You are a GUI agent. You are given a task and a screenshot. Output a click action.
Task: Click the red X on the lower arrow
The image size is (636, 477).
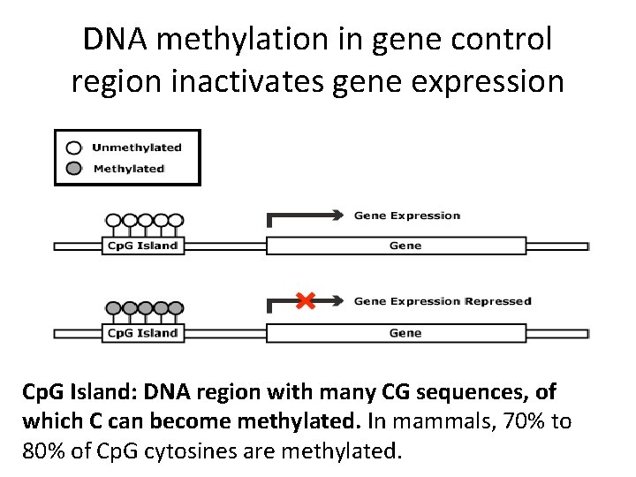[x=306, y=301]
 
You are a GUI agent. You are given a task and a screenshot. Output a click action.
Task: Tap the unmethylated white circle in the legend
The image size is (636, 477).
[x=75, y=148]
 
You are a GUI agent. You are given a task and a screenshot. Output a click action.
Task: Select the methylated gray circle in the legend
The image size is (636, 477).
[x=75, y=168]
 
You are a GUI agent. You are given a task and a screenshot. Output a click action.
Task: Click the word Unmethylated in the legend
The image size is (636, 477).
[x=137, y=148]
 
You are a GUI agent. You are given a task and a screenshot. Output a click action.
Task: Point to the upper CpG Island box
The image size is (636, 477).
[x=142, y=246]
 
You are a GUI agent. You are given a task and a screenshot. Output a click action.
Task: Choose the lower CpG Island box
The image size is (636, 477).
[x=142, y=333]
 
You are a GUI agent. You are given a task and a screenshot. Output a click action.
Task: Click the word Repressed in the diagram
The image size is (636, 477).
[x=498, y=301]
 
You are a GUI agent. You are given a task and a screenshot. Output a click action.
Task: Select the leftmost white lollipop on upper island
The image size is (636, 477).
[x=113, y=221]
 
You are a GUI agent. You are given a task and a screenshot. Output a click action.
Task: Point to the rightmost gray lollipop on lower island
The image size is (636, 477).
[x=176, y=308]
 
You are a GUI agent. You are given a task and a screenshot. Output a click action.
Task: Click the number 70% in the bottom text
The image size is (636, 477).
[x=519, y=421]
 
